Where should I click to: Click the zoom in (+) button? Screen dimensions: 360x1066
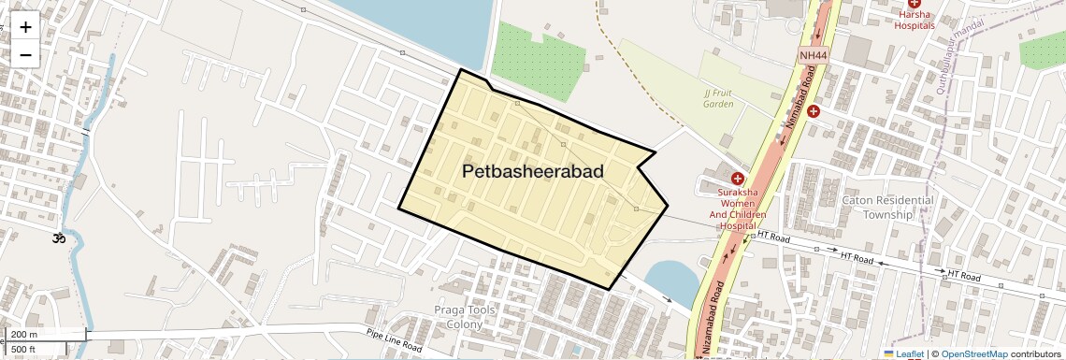25,27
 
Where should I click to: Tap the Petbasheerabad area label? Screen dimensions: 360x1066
532,172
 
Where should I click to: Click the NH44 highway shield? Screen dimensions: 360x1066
814,56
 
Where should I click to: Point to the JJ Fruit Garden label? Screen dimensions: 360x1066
719,98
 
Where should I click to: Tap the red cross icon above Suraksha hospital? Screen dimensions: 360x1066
737,178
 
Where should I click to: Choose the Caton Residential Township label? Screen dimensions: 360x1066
887,207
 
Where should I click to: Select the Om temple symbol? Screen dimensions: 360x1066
59,238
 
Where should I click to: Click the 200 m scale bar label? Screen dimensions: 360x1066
25,334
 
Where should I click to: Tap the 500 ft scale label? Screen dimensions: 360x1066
23,350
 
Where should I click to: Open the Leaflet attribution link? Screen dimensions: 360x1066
903,353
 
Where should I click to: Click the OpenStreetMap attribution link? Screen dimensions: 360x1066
973,353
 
